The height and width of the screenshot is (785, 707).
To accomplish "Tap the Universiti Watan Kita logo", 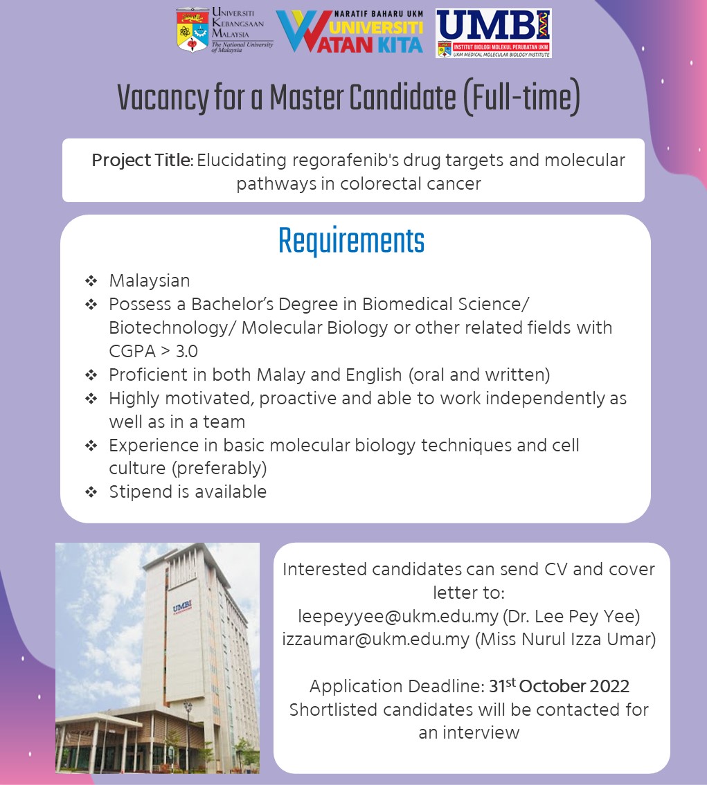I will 350,32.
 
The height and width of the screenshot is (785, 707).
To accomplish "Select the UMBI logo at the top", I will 494,33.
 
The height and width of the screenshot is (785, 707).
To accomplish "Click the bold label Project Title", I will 142,161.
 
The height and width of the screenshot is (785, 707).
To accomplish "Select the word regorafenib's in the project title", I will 334,161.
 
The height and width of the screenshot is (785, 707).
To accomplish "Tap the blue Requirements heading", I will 351,241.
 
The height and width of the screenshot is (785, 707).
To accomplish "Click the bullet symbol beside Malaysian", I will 91,281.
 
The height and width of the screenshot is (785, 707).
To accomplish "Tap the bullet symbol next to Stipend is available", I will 91,492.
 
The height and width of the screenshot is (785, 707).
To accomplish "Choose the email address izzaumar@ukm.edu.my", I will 376,639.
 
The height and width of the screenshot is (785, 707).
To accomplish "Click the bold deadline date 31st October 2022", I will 559,686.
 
